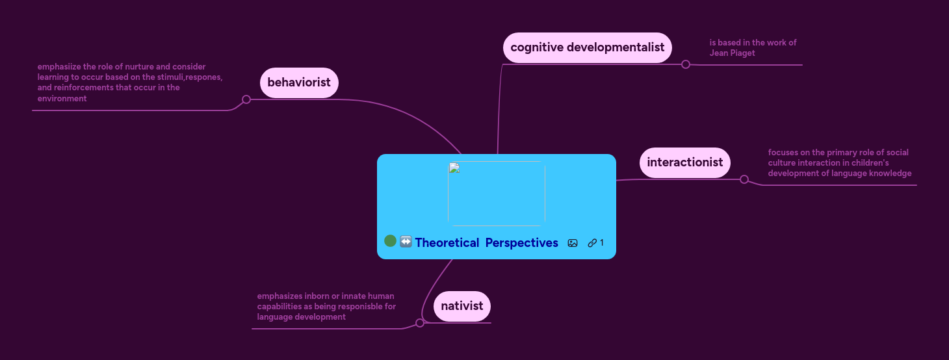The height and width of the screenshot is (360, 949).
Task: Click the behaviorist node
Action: pyautogui.click(x=299, y=83)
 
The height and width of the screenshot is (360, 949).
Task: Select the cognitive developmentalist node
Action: pyautogui.click(x=587, y=47)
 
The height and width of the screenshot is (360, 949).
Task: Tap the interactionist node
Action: pyautogui.click(x=684, y=162)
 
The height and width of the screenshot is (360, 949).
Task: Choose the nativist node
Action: pyautogui.click(x=461, y=306)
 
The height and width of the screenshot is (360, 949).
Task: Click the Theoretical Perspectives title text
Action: pyautogui.click(x=486, y=242)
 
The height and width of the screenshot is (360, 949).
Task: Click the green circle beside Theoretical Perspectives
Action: pyautogui.click(x=390, y=241)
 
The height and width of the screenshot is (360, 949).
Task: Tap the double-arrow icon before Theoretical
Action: pyautogui.click(x=406, y=242)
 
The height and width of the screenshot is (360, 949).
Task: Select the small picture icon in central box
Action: pyautogui.click(x=573, y=243)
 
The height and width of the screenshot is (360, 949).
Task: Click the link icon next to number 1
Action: pyautogui.click(x=591, y=243)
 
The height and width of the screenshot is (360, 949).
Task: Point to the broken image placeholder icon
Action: pyautogui.click(x=454, y=168)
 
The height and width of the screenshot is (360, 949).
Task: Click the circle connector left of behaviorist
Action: pyautogui.click(x=246, y=99)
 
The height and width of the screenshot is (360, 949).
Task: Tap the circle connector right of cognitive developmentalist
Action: pyautogui.click(x=685, y=64)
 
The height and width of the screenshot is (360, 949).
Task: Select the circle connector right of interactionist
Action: pyautogui.click(x=744, y=179)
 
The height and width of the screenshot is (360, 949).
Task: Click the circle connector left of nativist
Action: pyautogui.click(x=420, y=323)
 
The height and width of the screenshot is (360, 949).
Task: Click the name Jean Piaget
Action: pyautogui.click(x=732, y=53)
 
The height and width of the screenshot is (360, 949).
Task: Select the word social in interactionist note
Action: pyautogui.click(x=896, y=152)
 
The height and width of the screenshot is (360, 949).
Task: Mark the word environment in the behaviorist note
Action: pyautogui.click(x=62, y=99)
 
